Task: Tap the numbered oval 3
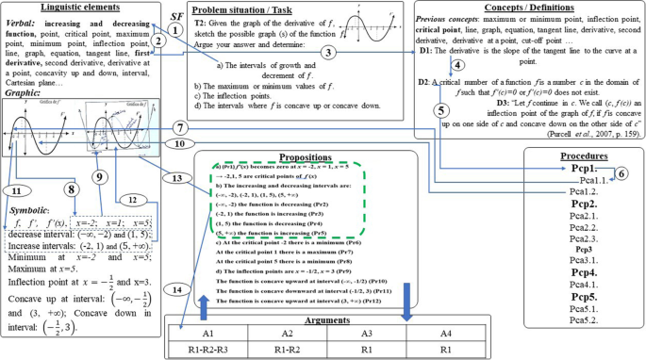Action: pyautogui.click(x=327, y=54)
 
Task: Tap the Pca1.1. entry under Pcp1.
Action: pyautogui.click(x=598, y=179)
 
